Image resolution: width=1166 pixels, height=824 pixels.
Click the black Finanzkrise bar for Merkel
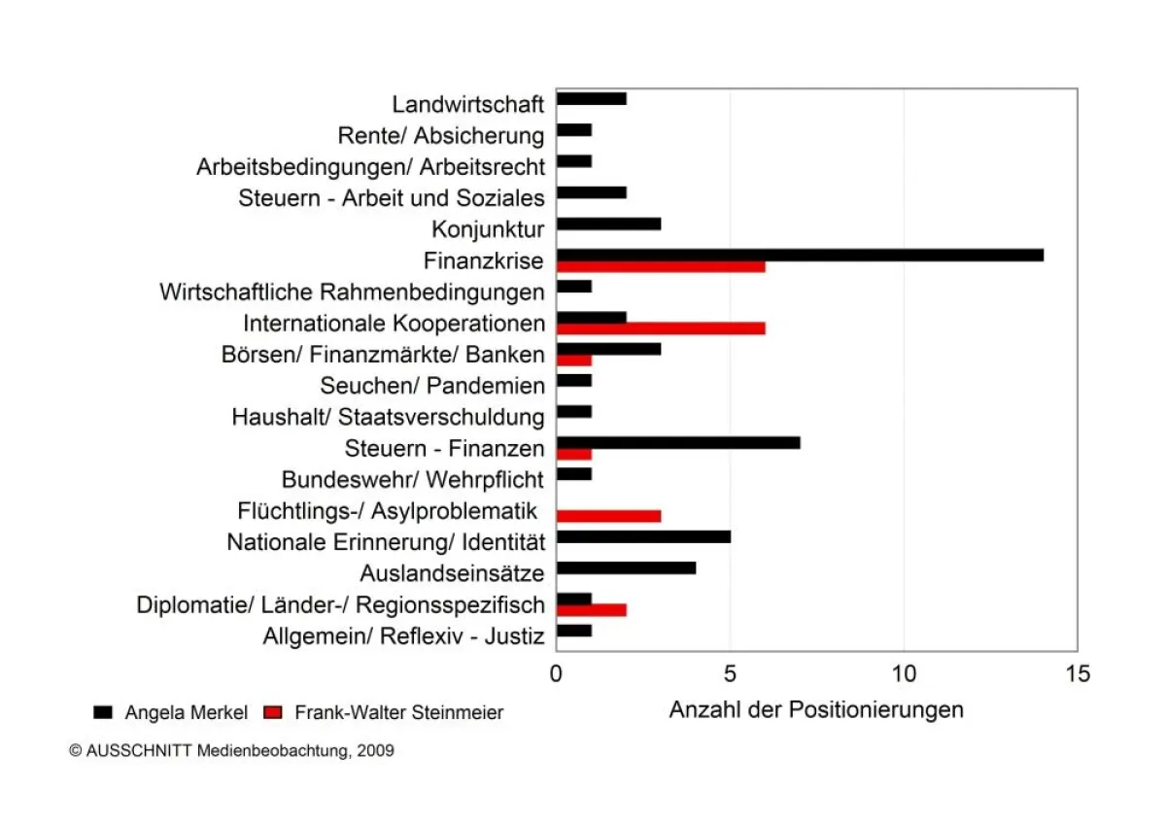[x=800, y=255]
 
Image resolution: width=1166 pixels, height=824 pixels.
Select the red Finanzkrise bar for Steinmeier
[x=661, y=266]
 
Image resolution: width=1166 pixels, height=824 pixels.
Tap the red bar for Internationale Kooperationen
[x=661, y=327]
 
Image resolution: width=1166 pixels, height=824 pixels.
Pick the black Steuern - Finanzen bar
[x=678, y=442]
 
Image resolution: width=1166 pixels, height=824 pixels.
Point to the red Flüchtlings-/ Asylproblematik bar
[x=608, y=515]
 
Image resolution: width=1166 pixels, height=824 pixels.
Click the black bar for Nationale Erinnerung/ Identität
[x=643, y=536]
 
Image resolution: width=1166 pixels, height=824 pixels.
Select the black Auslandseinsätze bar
[x=626, y=567]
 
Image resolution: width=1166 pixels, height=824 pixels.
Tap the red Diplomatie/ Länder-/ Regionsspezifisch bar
[x=591, y=609]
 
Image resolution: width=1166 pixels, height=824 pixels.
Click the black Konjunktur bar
[x=608, y=223]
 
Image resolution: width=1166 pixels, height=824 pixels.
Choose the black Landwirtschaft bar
[x=591, y=98]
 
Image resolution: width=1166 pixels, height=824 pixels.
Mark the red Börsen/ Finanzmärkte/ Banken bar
[x=573, y=360]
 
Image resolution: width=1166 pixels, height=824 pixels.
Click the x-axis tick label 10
[x=904, y=673]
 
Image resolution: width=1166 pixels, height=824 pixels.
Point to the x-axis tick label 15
[x=1077, y=673]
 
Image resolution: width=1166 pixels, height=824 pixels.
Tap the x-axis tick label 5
[x=730, y=673]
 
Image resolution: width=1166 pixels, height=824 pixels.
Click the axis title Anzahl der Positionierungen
[x=816, y=709]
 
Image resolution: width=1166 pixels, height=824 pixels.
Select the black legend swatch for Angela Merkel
[x=103, y=712]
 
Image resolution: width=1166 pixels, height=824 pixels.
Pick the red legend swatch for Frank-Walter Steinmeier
[x=273, y=712]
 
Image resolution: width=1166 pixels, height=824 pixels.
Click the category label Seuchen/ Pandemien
[x=432, y=386]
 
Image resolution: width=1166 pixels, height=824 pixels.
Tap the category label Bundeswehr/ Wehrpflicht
[x=413, y=480]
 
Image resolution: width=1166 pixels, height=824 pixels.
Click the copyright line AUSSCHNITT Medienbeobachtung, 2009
[x=232, y=751]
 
